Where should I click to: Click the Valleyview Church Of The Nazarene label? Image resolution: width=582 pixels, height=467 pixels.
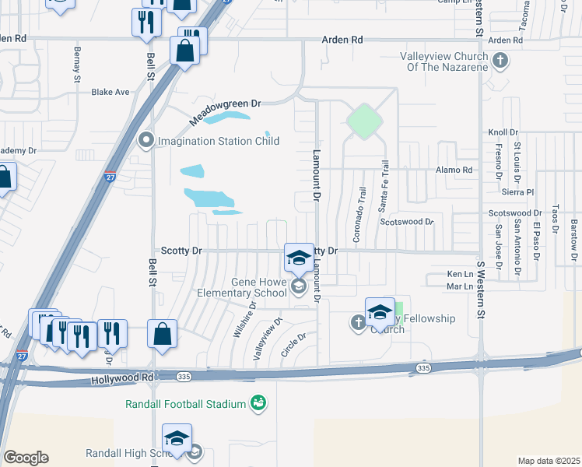(444, 61)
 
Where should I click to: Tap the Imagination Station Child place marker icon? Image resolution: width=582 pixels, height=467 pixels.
(145, 141)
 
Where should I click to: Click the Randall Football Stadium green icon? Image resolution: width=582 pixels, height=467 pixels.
(258, 403)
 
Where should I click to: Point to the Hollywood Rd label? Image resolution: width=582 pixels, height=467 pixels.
(121, 378)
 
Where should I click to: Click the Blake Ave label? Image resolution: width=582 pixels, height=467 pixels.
(110, 92)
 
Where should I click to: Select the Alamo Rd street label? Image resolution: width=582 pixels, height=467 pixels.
(454, 170)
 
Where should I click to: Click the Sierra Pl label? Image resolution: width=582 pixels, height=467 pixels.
(518, 191)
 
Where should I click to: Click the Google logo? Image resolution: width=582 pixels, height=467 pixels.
(26, 458)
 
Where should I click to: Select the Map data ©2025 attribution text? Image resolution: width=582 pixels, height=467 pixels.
(548, 461)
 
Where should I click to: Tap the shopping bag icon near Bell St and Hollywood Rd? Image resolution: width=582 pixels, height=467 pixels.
(162, 335)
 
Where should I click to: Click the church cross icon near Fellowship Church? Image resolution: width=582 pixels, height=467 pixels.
(358, 322)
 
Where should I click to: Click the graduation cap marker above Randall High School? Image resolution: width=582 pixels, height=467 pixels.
(177, 438)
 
